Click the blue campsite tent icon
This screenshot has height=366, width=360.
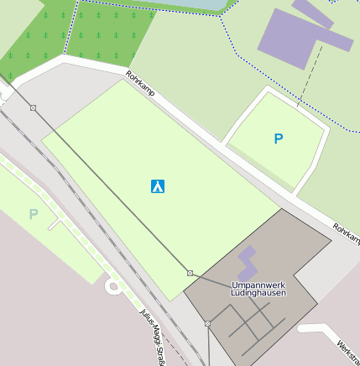click(x=157, y=186)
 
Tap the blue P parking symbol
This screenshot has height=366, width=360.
click(x=279, y=139)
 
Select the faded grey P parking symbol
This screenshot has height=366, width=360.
click(x=34, y=214)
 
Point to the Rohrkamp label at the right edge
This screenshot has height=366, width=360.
click(x=346, y=234)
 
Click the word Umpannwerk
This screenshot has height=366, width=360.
click(x=258, y=285)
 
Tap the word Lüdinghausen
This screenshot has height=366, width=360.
click(x=259, y=293)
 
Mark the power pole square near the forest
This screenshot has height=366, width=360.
click(x=33, y=107)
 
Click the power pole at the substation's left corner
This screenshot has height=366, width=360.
click(x=190, y=273)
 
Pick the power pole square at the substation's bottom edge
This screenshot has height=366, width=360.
click(x=207, y=323)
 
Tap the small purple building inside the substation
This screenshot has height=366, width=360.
click(x=247, y=263)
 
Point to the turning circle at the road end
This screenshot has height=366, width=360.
click(x=112, y=288)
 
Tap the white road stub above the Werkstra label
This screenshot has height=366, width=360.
click(x=323, y=329)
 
